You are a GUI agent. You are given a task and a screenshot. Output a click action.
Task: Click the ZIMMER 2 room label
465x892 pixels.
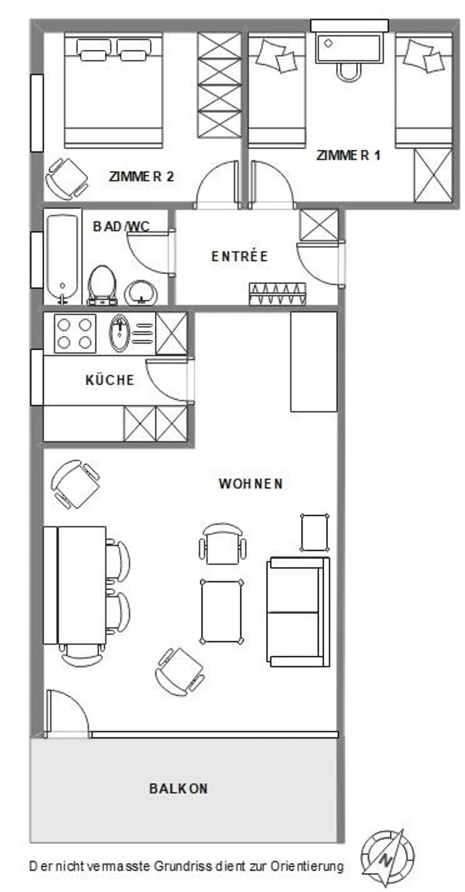tap(141, 177)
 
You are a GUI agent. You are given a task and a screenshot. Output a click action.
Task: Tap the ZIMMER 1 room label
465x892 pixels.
tap(348, 155)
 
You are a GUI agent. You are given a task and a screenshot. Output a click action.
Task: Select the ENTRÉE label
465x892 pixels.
tap(239, 257)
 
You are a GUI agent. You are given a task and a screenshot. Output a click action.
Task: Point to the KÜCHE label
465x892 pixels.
tap(110, 380)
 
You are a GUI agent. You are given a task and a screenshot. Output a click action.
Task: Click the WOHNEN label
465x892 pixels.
tap(251, 484)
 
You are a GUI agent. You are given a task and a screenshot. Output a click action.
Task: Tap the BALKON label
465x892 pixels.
tap(179, 789)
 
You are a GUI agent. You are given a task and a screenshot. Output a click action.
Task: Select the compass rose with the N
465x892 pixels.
tap(387, 857)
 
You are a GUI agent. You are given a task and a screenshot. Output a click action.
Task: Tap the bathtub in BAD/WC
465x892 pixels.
tap(62, 256)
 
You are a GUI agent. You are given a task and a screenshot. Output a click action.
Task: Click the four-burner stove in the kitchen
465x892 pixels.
tap(75, 333)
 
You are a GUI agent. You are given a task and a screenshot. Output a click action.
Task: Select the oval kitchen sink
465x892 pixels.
tap(120, 333)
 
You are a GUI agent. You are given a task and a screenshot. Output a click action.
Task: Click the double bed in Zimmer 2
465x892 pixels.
tap(113, 91)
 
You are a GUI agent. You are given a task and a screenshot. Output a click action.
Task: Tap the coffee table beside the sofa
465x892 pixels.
tap(222, 612)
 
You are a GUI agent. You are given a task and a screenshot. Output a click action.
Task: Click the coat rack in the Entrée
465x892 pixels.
tap(277, 294)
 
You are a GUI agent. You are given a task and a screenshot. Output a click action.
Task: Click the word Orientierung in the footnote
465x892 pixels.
tap(307, 867)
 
